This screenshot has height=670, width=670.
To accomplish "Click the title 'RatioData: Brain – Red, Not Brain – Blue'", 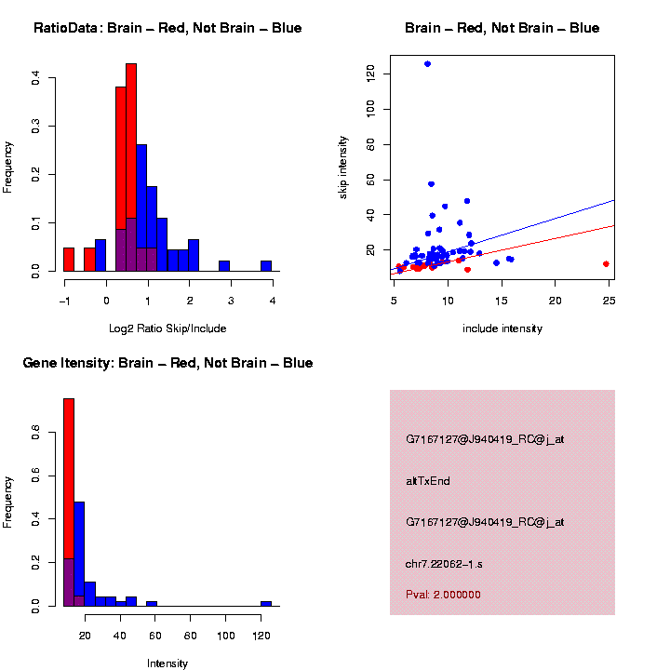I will [167, 28].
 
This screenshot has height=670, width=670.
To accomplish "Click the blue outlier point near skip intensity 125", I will [427, 64].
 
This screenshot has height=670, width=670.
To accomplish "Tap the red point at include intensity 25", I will [606, 264].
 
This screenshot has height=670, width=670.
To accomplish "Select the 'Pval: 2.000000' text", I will [443, 595].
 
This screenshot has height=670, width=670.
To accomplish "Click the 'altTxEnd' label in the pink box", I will [428, 481].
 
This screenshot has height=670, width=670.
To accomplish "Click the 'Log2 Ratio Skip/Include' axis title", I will [167, 328].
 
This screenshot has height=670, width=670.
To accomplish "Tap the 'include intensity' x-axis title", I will [502, 328].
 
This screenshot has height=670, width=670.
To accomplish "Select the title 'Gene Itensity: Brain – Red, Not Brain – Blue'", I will [167, 363].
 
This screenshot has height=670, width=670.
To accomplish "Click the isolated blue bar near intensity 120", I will [266, 603].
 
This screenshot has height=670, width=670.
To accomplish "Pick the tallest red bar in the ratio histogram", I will [131, 167].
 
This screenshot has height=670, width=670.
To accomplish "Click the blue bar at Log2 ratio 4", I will [266, 265].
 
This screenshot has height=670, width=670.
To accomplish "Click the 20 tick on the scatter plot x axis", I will [555, 301].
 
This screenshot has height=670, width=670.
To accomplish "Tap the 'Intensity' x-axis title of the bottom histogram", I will [167, 663].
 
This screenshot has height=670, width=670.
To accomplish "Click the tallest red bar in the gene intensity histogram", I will [69, 502].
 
